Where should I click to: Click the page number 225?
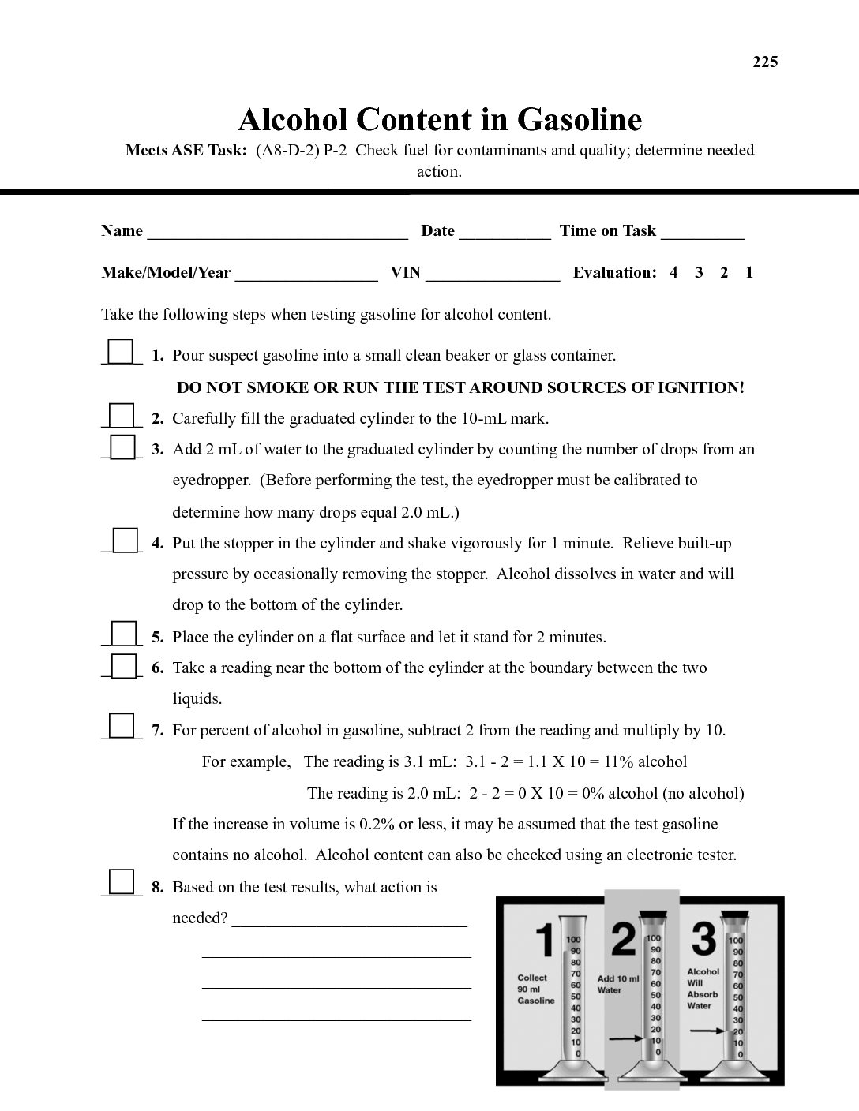point(765,62)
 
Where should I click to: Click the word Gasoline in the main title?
point(580,119)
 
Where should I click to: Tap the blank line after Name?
point(277,232)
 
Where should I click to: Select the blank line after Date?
point(504,232)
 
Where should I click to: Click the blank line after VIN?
point(492,274)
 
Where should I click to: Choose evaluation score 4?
point(673,273)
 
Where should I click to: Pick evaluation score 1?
point(749,273)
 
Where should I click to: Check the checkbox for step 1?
point(121,351)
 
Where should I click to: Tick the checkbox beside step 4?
point(125,541)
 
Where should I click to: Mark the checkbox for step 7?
point(121,725)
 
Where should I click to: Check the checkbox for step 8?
point(121,881)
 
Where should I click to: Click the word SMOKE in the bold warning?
point(278,387)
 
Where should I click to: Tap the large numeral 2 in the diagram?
point(624,940)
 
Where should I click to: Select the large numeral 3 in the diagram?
point(703,940)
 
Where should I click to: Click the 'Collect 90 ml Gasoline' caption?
point(536,989)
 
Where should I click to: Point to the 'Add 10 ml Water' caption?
point(618,984)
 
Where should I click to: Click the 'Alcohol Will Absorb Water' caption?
point(703,989)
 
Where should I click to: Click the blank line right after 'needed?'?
point(350,920)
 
